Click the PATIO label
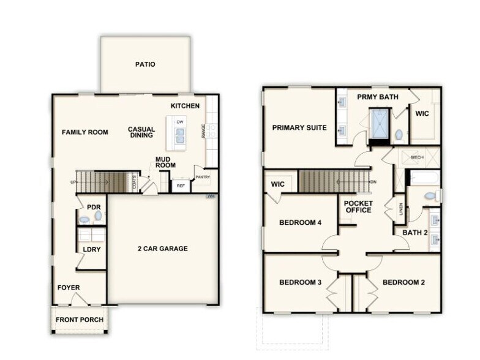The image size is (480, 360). point(145,64)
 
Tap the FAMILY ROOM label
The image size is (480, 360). point(84,132)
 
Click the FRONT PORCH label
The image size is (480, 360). point(80,320)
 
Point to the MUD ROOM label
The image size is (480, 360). point(165,162)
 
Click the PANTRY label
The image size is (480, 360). point(203,177)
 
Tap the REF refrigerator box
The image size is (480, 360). point(181,185)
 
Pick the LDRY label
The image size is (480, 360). point(92,249)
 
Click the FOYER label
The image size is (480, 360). point(69,288)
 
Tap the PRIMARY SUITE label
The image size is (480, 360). point(299,128)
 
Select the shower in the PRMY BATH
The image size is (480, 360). point(380,124)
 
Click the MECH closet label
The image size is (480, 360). point(417,157)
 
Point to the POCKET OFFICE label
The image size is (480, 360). point(358,206)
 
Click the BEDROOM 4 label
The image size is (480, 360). point(301,223)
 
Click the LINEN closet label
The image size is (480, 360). point(401,210)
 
